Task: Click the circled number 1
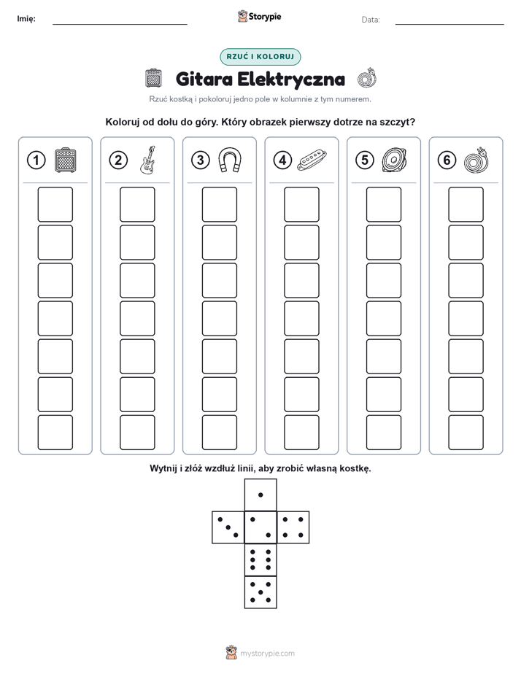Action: [x=36, y=160]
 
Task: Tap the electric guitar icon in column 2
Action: [x=147, y=160]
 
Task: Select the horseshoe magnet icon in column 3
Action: [x=230, y=160]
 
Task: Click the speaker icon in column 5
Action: [x=394, y=160]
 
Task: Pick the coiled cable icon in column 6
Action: [x=476, y=160]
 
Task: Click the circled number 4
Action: [x=282, y=160]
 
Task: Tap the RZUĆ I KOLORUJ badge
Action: [x=260, y=57]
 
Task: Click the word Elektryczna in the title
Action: [x=291, y=79]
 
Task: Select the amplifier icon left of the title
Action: [x=153, y=78]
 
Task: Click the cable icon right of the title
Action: [x=367, y=79]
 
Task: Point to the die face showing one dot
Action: [x=260, y=495]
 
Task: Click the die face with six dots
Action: [x=260, y=559]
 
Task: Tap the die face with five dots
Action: [x=260, y=592]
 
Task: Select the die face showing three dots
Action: [x=228, y=527]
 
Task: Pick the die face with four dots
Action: [x=293, y=527]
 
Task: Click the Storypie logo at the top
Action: [x=259, y=17]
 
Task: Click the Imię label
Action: [x=26, y=19]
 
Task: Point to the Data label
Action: [x=371, y=20]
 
